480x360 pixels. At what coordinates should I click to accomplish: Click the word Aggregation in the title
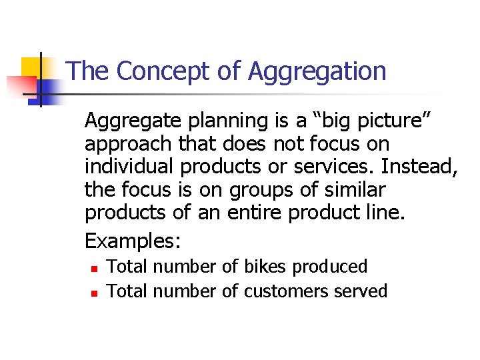pos(317,71)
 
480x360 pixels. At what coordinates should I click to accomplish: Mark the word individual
pos(124,167)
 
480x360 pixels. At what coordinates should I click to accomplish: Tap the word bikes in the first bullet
pos(265,267)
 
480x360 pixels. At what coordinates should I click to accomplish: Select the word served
pos(360,291)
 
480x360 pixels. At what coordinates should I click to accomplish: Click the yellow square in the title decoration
pos(32,68)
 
